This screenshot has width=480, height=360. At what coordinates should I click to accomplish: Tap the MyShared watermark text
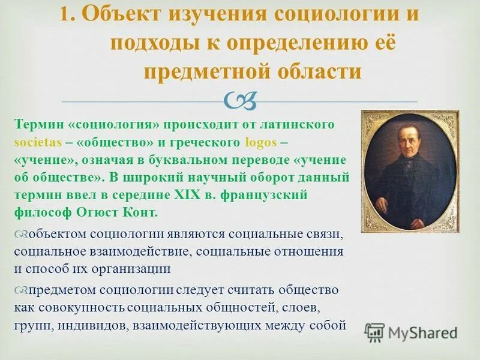click(422, 332)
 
